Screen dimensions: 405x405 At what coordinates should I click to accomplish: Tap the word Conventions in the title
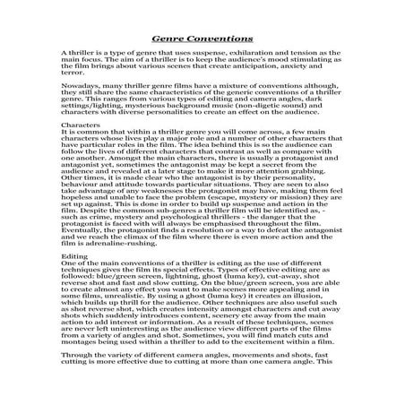coord(220,39)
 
